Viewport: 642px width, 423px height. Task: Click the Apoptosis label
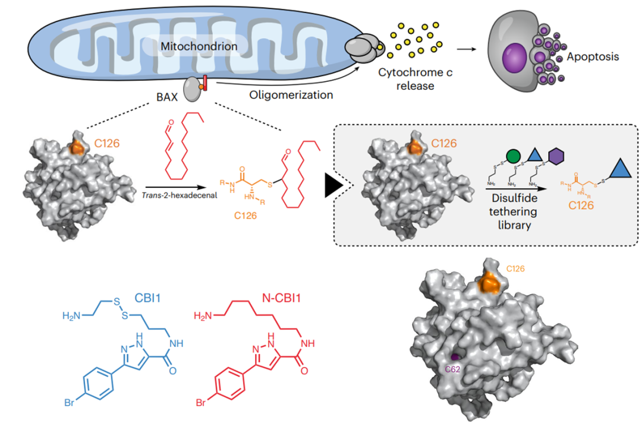[x=593, y=57]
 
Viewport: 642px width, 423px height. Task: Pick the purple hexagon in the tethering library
[x=555, y=157]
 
